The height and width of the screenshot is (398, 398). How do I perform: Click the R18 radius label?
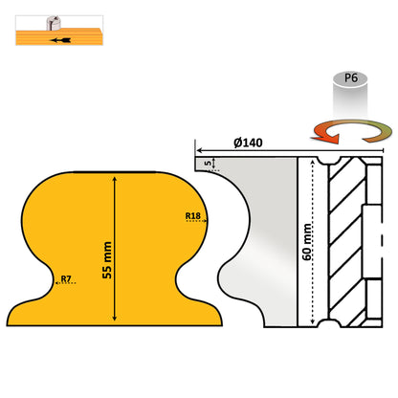pos(193,216)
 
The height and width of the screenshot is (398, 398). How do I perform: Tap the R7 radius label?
pos(66,278)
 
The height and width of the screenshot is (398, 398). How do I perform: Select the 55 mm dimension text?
pos(107,260)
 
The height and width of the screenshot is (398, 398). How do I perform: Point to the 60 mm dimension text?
pos(307,242)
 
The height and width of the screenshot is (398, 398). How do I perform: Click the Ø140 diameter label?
pos(248,143)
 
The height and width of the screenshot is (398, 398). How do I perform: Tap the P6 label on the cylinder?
pos(351,77)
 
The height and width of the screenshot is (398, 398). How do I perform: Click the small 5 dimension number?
pos(208,164)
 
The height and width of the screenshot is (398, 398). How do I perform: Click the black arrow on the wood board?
pos(60,40)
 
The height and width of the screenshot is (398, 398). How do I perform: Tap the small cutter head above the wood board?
pos(53,23)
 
